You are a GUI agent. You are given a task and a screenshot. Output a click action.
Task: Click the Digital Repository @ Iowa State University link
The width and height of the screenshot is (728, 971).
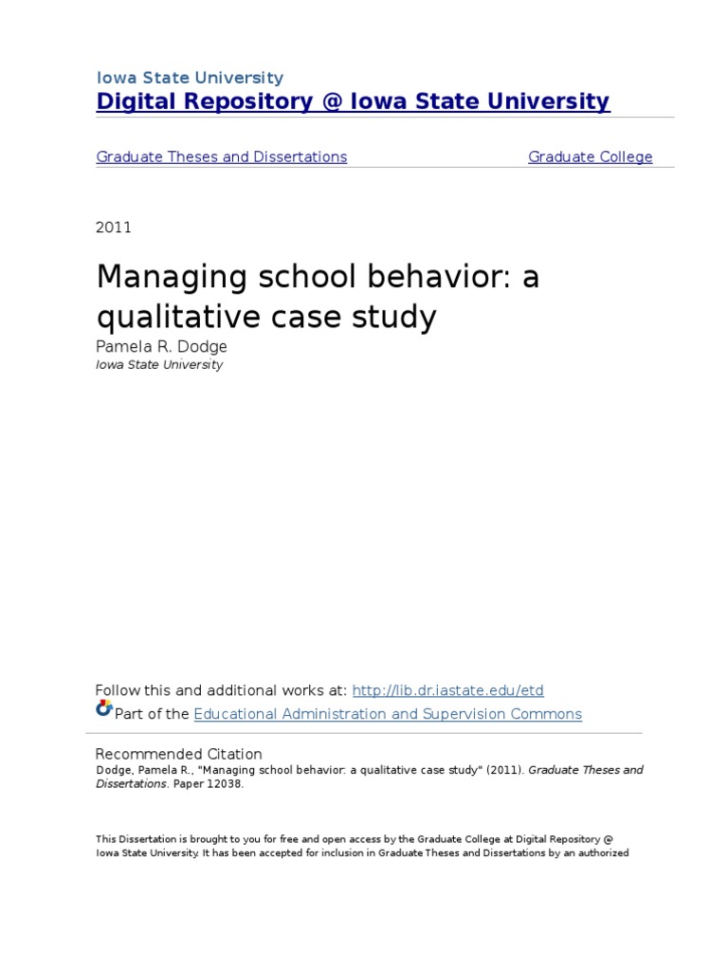pos(353,102)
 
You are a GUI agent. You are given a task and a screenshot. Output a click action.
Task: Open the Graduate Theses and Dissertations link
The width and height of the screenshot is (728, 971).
pos(221,157)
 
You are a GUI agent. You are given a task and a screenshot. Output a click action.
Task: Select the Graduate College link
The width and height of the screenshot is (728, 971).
pos(590,157)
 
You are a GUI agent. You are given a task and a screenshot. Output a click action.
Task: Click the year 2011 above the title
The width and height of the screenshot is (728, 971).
pos(114,228)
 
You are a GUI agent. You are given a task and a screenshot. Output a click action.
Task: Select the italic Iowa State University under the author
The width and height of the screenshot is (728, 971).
pos(159,365)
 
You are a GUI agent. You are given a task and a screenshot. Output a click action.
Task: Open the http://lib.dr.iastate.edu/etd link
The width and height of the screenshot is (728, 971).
pos(447,690)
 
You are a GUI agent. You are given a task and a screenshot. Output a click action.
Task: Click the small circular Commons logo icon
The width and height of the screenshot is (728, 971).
pos(103,708)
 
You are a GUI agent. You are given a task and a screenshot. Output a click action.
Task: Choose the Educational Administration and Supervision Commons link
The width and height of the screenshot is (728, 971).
pos(388,714)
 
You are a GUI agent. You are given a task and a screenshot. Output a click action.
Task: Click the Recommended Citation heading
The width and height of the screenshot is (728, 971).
pos(179,754)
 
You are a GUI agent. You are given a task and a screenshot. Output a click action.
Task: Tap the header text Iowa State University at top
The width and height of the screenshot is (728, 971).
pos(190,78)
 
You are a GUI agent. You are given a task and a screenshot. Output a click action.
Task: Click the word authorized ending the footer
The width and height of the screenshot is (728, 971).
pos(597,852)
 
